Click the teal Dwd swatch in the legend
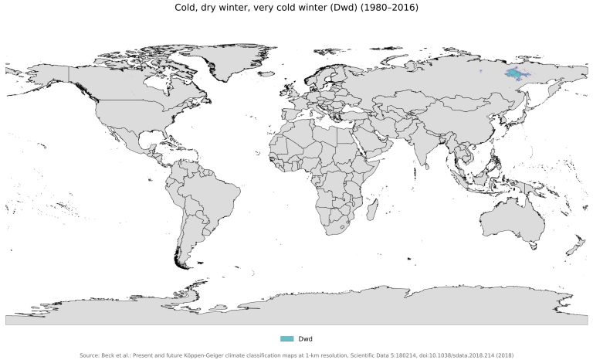[x=287, y=339]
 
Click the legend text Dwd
[x=305, y=339]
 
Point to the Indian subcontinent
[x=423, y=151]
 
